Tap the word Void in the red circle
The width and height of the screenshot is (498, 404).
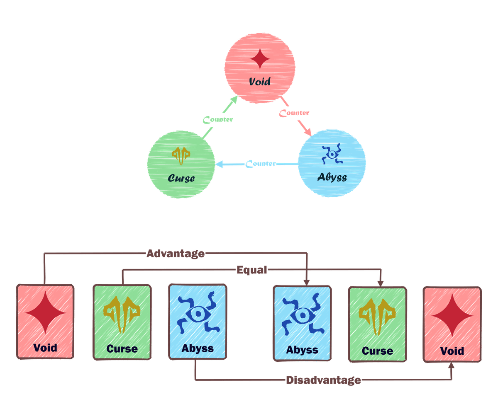(260, 81)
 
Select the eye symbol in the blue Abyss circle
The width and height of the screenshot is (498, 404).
(332, 154)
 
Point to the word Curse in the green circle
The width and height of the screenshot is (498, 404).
(181, 179)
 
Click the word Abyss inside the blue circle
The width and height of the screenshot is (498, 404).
(332, 177)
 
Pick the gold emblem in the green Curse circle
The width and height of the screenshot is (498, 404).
(181, 156)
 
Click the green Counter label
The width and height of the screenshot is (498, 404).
(218, 120)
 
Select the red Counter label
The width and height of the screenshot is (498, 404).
(294, 113)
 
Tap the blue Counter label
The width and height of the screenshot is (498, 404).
(261, 164)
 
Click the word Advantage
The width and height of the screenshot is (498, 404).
(176, 254)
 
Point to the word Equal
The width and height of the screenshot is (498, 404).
(252, 271)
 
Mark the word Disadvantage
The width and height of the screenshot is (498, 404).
(323, 380)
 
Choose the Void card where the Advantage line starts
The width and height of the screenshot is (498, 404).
(45, 321)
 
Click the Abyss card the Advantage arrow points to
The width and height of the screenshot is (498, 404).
(302, 323)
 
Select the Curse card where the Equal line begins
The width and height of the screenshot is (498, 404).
(122, 321)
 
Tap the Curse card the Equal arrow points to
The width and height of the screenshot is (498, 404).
(377, 324)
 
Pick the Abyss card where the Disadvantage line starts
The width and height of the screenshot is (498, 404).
(198, 321)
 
